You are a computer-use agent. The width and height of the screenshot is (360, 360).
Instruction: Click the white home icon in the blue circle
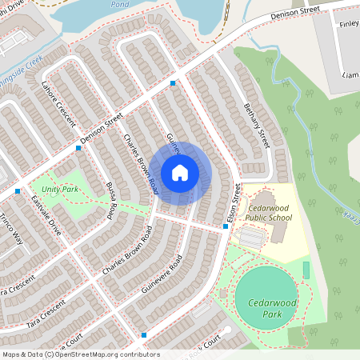(180, 172)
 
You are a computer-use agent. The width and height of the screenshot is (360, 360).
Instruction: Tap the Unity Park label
(61, 190)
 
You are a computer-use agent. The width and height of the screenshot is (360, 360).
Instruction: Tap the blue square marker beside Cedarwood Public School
(226, 226)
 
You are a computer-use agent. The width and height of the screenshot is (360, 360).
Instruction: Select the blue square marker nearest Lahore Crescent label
(78, 148)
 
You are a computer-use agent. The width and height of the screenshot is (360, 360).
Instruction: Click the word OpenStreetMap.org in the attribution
(106, 354)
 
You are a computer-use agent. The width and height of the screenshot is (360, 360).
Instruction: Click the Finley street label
(349, 25)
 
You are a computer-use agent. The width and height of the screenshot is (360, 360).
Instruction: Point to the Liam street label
(349, 74)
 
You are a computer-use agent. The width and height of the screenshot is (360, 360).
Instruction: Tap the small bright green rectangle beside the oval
(306, 270)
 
